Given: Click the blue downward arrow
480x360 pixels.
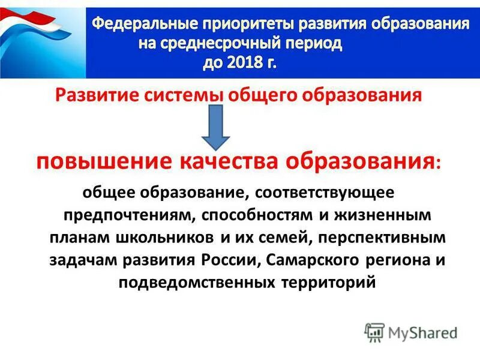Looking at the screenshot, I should pos(215,127).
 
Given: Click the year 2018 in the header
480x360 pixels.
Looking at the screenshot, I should pos(248,63).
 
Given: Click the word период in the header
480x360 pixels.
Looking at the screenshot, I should pos(316,44).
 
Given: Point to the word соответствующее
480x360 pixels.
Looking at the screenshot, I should pos(325,194).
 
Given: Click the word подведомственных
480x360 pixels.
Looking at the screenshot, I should pos(196,282).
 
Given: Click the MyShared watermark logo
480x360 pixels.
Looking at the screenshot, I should pos(411,332).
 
